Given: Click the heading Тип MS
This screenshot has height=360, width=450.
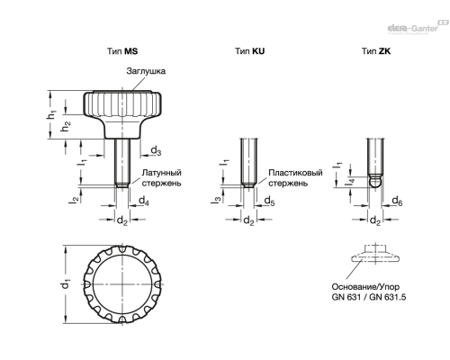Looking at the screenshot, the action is (x=122, y=51).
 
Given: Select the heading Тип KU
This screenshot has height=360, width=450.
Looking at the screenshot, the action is (x=249, y=51).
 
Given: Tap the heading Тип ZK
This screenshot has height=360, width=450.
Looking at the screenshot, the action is (x=376, y=51).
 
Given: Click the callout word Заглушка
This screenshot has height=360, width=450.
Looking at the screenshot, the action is (x=146, y=71).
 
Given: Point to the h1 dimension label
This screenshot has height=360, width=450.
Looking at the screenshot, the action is (x=51, y=114).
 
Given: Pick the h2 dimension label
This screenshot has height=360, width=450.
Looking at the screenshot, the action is (x=66, y=126).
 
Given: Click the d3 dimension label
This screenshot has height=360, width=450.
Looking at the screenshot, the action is (x=156, y=150).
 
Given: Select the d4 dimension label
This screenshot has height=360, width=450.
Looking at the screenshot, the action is (x=144, y=201).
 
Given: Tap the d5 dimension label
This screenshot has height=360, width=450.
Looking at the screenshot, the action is (x=269, y=201).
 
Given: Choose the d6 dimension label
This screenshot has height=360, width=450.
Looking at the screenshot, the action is (x=397, y=201).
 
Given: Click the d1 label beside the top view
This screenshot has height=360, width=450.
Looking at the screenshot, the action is (x=66, y=284).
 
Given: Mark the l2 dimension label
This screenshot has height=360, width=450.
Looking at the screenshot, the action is (x=74, y=198).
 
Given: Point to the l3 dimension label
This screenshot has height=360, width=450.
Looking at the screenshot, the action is (x=216, y=199).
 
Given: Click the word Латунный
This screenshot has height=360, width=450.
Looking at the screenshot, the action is (x=161, y=173).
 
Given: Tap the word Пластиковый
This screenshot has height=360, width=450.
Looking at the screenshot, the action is (x=295, y=173).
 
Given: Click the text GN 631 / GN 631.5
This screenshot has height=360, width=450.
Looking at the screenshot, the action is (x=369, y=297).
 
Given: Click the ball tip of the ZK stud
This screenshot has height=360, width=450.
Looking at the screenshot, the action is (x=375, y=182).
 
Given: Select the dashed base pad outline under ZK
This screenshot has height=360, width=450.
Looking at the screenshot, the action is (x=375, y=254).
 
